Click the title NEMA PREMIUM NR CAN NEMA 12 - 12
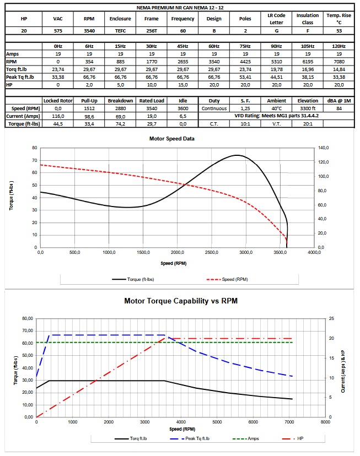[180, 8]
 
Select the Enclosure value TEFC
[120, 31]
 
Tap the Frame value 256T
[151, 31]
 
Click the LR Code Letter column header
[276, 19]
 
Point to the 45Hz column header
[182, 47]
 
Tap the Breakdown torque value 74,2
[120, 124]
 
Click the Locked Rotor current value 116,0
[58, 117]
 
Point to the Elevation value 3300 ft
[308, 109]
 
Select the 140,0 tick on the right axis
[323, 148]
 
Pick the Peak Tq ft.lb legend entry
[196, 438]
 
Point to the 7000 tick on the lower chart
[289, 422]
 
